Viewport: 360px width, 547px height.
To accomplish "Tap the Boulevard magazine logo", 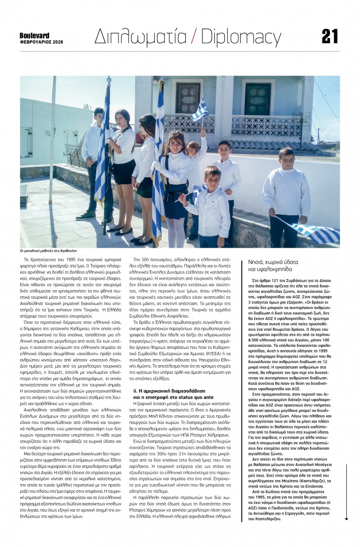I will coord(34,35).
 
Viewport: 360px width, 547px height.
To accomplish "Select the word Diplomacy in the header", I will coord(241,37).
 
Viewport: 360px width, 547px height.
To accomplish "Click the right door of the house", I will coord(258,99).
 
